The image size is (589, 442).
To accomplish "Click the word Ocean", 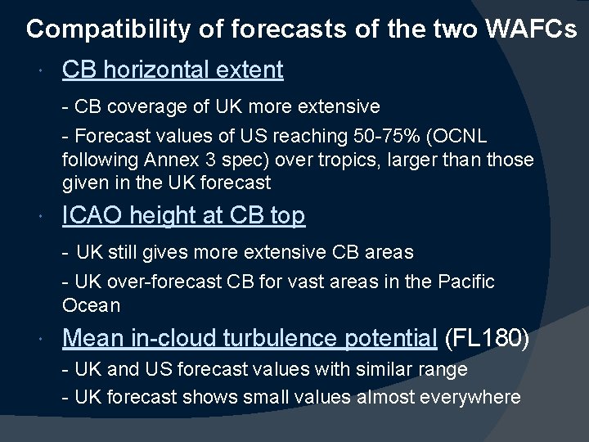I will [91, 306].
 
